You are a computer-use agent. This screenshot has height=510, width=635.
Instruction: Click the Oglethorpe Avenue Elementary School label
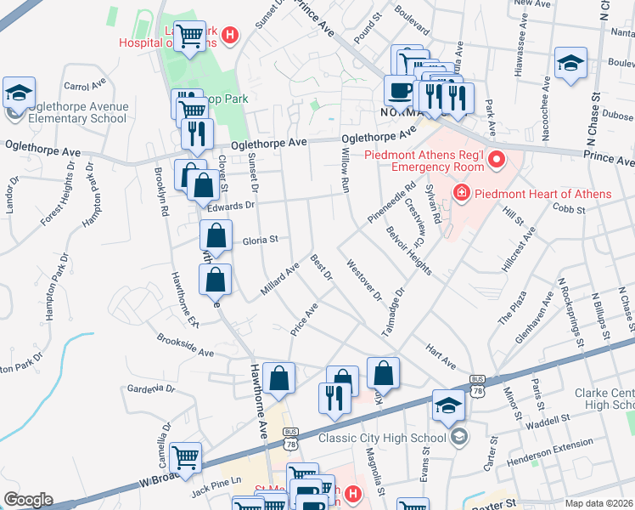pos(77,112)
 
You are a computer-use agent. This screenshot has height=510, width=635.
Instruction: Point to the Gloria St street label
pos(261,241)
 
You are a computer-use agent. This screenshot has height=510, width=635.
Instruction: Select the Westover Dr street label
pos(364,280)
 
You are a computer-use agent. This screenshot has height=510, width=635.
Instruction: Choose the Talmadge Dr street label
pos(395,309)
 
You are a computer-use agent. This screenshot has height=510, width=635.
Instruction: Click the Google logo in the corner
pos(28,500)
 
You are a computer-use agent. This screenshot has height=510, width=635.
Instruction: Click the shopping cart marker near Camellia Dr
pos(185,458)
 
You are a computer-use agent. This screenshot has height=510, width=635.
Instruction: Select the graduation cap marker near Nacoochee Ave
pos(570,62)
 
